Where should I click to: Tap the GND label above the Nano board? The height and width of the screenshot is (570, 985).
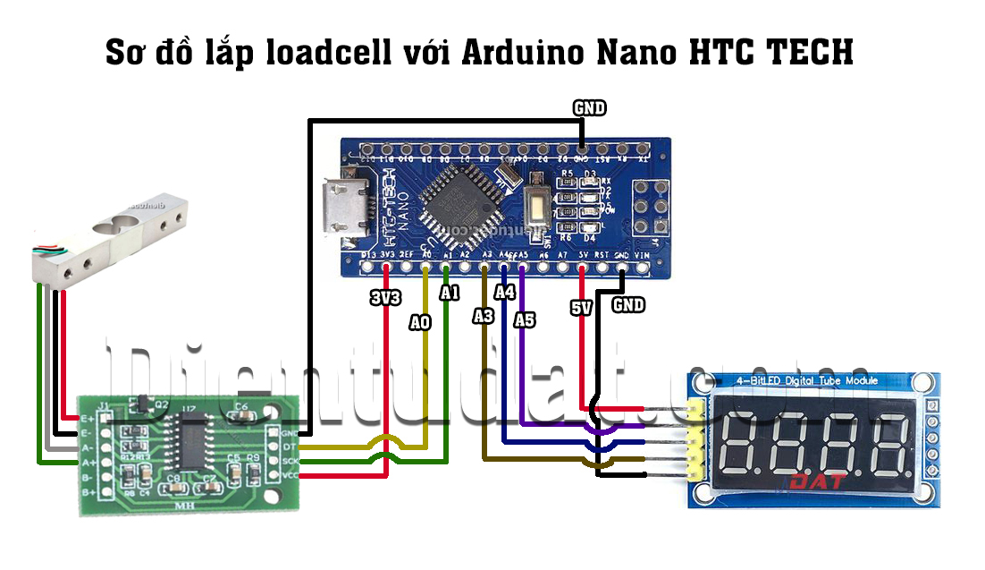589,108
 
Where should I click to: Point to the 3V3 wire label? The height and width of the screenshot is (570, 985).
386,297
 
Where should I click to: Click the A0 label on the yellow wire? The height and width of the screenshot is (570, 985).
421,321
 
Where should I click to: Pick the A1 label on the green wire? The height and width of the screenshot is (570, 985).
449,293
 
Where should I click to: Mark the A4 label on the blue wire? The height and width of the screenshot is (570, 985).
505,292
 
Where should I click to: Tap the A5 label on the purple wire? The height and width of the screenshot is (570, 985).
525,319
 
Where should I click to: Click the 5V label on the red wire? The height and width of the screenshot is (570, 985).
581,308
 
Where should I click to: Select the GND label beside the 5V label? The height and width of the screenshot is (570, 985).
628,305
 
